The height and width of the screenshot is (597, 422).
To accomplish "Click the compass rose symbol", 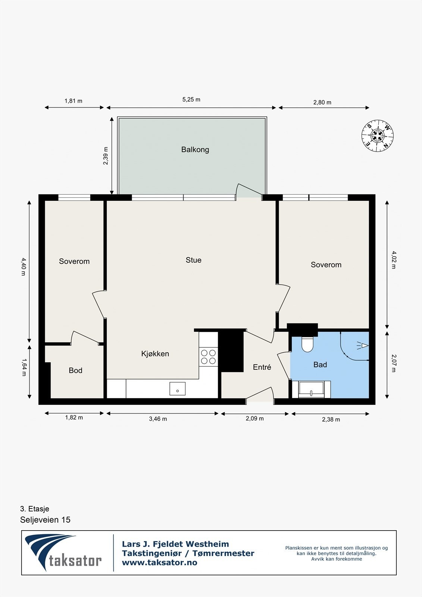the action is pyautogui.click(x=378, y=136).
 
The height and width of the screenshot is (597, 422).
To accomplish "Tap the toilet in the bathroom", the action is pyautogui.click(x=307, y=344).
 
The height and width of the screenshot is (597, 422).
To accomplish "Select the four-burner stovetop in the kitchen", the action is pyautogui.click(x=209, y=357).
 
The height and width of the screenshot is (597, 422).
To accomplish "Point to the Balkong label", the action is pyautogui.click(x=195, y=150).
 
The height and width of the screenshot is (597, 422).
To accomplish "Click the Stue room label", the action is pyautogui.click(x=194, y=260).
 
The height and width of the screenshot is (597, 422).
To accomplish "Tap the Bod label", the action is pyautogui.click(x=75, y=371).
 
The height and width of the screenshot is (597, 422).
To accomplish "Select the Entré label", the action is pyautogui.click(x=262, y=367).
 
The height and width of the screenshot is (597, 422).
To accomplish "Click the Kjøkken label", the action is pyautogui.click(x=155, y=354).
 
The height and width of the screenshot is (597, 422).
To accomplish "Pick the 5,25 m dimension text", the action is pyautogui.click(x=191, y=100).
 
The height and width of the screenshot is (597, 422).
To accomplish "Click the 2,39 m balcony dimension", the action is pyautogui.click(x=106, y=156).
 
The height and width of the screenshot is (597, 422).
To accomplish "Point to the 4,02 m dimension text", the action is pyautogui.click(x=394, y=260).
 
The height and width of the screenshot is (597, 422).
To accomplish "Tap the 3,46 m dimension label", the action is pyautogui.click(x=158, y=419).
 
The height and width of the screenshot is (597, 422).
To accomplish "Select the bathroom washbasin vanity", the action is pyautogui.click(x=311, y=390).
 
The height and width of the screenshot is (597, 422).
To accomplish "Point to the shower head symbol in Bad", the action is pyautogui.click(x=363, y=346).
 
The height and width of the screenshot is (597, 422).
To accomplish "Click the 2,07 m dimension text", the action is pyautogui.click(x=394, y=363).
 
